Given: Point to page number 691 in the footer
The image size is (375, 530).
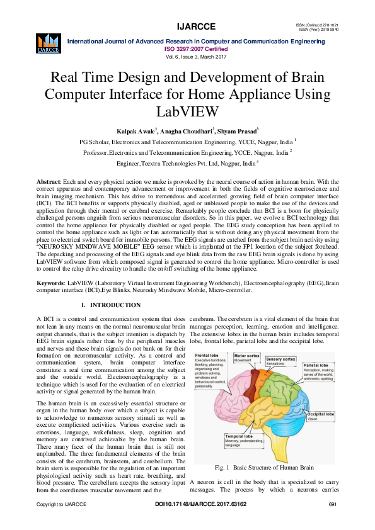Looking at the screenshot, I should click(334, 522).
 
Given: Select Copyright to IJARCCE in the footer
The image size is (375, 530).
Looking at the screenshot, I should click(62, 522).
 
